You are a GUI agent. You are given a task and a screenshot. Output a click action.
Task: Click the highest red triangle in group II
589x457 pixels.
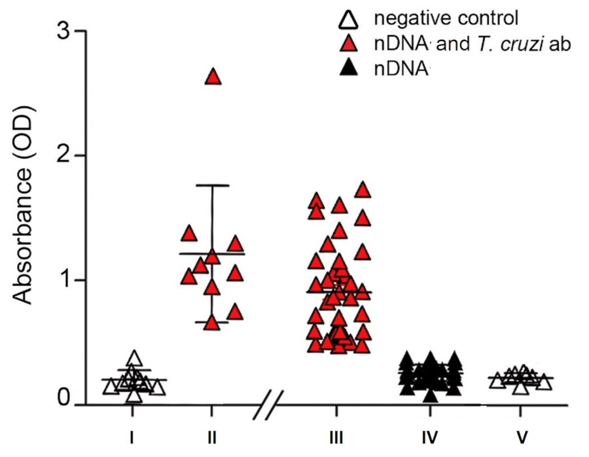(x=213, y=77)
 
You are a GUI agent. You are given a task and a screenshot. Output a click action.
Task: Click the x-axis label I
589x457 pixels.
(x=132, y=435)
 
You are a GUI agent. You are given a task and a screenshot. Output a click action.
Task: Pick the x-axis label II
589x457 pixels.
(x=211, y=435)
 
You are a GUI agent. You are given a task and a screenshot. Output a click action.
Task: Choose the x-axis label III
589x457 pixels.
(x=336, y=435)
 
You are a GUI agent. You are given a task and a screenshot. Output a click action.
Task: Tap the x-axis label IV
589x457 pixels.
(x=430, y=435)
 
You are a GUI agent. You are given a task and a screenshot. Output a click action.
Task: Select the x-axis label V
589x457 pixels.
(x=521, y=435)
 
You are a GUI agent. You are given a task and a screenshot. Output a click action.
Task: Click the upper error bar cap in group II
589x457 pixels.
(x=211, y=185)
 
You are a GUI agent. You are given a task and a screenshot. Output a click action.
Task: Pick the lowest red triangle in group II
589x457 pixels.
(x=211, y=323)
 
